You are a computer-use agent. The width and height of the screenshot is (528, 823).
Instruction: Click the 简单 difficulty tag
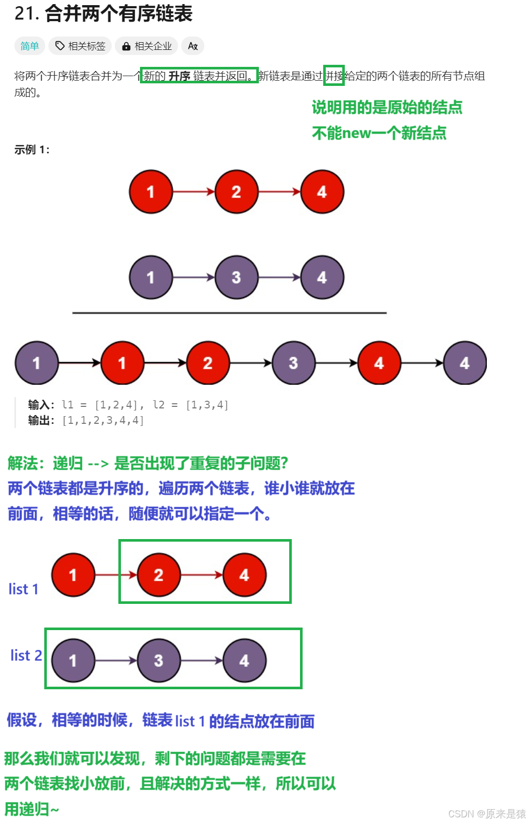point(29,46)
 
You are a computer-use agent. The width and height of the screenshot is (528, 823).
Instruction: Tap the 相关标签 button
point(80,46)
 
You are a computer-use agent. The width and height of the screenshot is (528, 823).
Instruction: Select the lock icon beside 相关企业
point(126,47)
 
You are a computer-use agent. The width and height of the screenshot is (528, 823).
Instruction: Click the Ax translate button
point(193,46)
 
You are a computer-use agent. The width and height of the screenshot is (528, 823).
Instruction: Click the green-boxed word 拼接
point(334,76)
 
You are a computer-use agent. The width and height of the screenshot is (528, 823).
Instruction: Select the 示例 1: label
point(32,150)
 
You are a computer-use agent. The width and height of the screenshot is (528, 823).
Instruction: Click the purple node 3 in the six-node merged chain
point(293,363)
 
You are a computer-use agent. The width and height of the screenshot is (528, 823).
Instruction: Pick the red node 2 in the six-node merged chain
point(208,363)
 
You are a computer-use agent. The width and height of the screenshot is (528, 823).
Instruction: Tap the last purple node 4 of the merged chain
point(465,363)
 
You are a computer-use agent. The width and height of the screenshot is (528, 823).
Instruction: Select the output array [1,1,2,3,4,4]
point(103,421)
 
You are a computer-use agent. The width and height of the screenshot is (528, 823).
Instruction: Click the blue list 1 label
point(24,589)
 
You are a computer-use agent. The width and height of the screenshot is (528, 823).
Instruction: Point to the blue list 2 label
point(26,655)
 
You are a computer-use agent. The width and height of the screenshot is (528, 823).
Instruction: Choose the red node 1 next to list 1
point(73,575)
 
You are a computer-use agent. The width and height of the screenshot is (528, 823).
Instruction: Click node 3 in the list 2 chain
point(159,660)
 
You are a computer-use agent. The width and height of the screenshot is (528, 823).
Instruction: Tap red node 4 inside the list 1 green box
point(244,575)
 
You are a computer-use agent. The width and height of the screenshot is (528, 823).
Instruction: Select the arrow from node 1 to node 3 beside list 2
point(116,660)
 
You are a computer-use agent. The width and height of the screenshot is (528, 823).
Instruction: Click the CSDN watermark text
point(486,813)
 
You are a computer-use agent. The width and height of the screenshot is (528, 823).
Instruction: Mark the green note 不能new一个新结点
point(379,133)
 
